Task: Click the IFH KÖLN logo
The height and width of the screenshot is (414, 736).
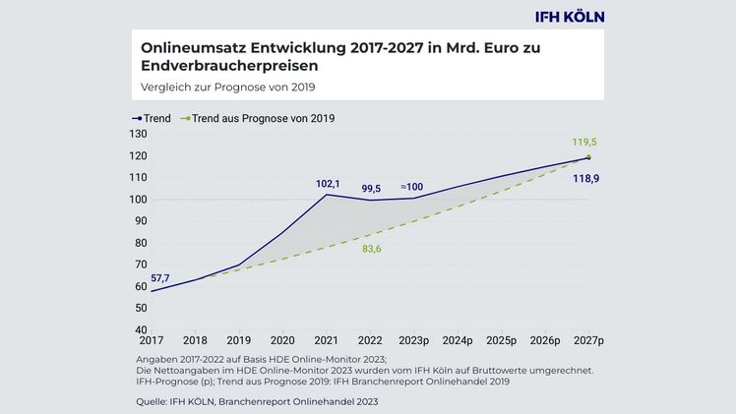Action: (x=569, y=16)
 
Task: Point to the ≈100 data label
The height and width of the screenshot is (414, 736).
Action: (x=412, y=187)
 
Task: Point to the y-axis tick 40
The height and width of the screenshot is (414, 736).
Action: (x=140, y=329)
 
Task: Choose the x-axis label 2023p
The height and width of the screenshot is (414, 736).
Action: (x=414, y=341)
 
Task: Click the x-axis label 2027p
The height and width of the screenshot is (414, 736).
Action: (x=588, y=341)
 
